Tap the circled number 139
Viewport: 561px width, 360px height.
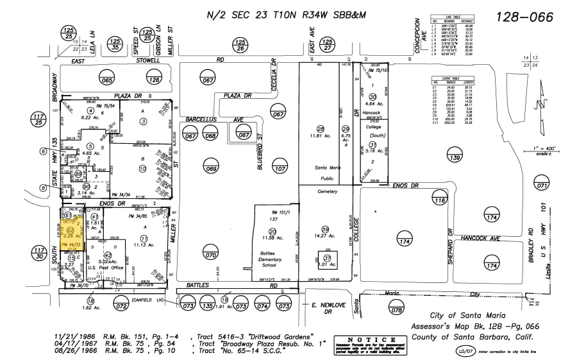point(455,158)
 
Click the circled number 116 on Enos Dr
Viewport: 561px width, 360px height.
point(439,201)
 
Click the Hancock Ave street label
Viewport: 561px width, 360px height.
point(478,237)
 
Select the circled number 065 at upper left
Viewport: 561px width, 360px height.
point(106,80)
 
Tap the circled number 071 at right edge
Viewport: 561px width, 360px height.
point(543,186)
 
